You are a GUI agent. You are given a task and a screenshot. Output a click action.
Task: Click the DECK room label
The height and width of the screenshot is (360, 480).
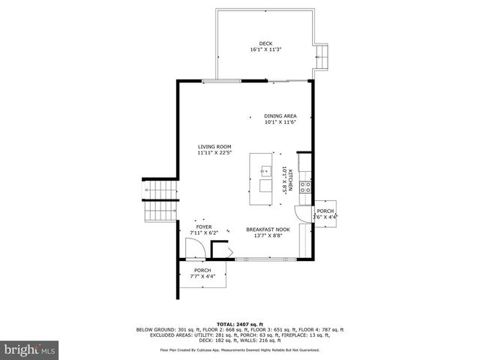(265, 43)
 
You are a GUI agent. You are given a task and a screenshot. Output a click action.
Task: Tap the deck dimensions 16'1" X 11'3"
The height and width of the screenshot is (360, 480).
(265, 49)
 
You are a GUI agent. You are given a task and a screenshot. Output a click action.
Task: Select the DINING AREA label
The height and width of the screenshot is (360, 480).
(280, 115)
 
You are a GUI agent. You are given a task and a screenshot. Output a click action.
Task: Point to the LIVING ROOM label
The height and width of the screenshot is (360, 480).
(214, 146)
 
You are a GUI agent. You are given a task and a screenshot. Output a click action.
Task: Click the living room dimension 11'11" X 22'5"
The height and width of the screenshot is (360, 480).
(214, 152)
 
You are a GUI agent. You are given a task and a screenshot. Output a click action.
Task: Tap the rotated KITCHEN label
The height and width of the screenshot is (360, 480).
(290, 182)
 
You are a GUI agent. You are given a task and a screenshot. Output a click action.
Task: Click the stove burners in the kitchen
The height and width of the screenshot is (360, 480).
(306, 187)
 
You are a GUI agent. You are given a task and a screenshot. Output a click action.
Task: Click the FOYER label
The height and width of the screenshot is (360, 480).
(203, 226)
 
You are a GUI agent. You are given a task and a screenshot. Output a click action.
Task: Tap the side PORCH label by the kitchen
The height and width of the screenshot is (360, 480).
(325, 211)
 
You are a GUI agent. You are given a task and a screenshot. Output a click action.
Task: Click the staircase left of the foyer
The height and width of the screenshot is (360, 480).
(158, 202)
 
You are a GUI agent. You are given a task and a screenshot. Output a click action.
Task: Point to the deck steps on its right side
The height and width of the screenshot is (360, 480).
(323, 54)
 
